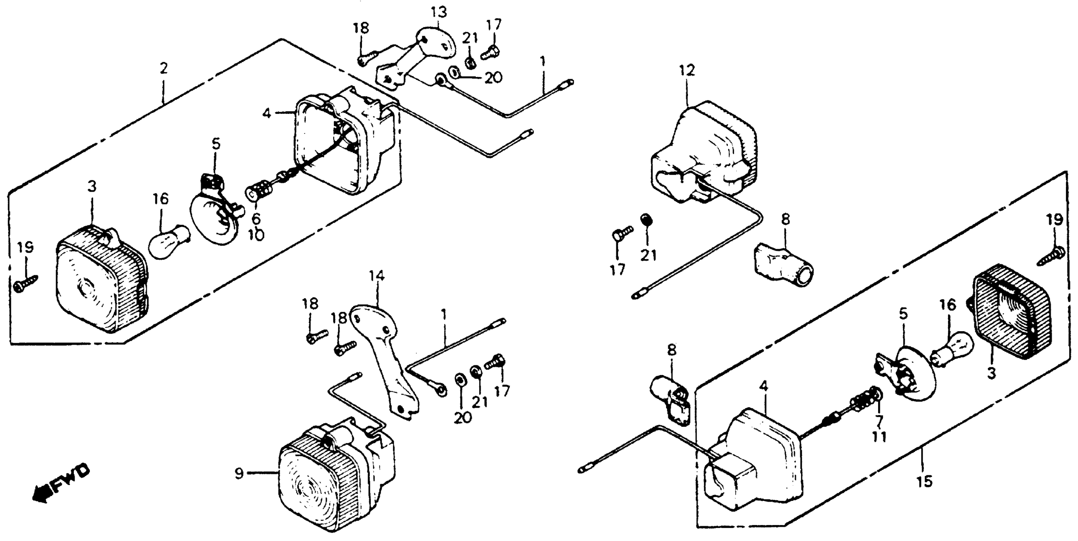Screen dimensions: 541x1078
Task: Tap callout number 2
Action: (x=163, y=68)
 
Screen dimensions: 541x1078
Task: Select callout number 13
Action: (x=439, y=12)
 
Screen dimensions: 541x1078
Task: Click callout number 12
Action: (x=687, y=70)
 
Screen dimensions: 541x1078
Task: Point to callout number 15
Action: (x=925, y=481)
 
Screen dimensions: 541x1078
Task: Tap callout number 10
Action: (x=256, y=235)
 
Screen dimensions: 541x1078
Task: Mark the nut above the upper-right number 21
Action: (x=647, y=220)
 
